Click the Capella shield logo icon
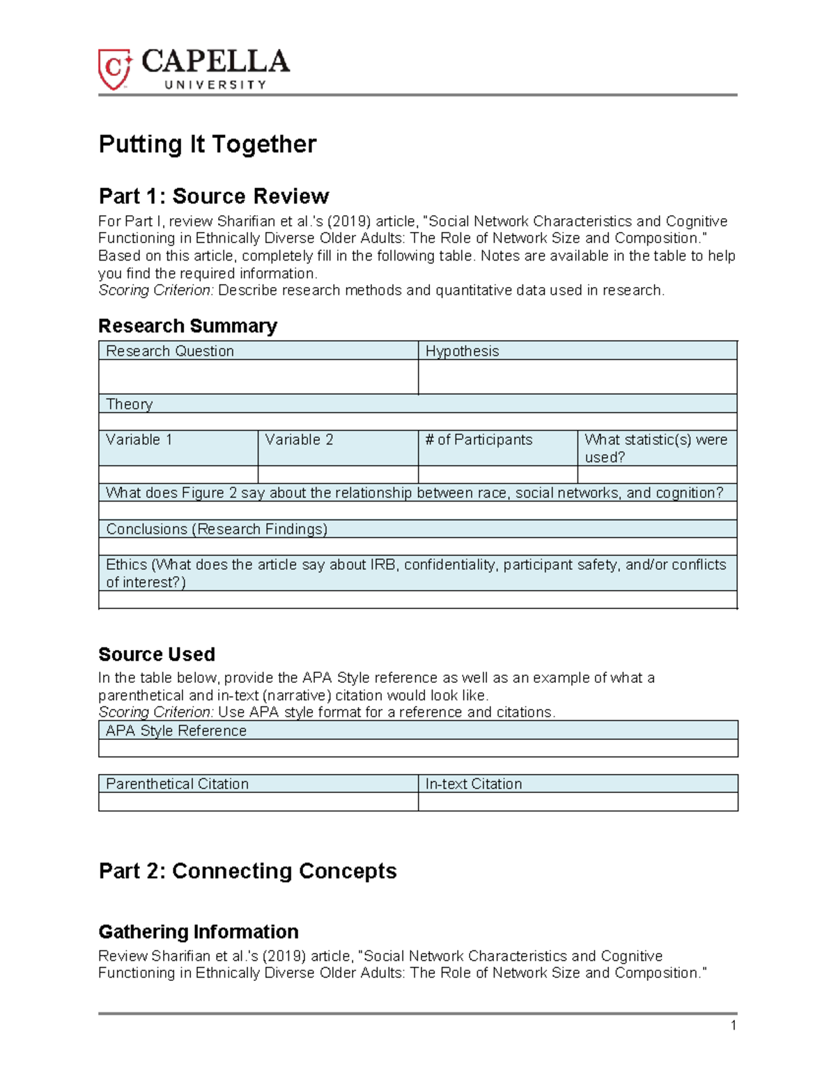114,69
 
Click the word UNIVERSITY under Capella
215,85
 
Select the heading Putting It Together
207,144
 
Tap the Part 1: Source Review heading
213,196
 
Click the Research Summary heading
187,325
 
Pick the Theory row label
129,404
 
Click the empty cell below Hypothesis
577,377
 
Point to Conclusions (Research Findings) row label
216,529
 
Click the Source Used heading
156,654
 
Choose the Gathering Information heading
198,932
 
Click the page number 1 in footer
733,1025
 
